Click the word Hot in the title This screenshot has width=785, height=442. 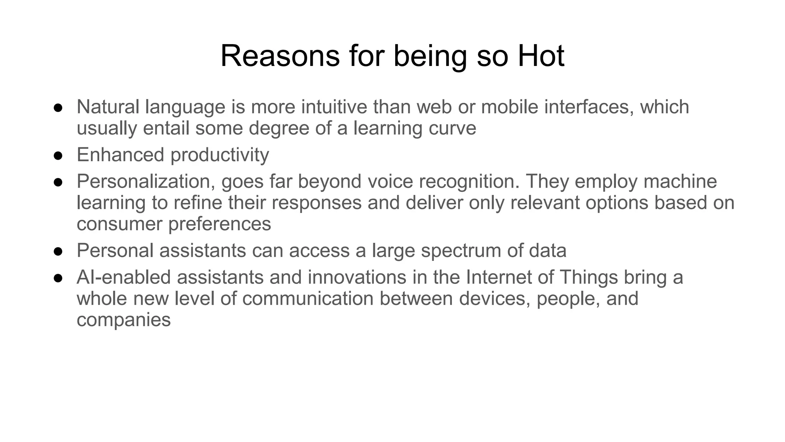(541, 56)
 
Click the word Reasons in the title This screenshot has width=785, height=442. (280, 56)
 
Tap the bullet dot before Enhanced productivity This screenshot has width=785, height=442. (58, 155)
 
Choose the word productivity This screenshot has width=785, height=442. (220, 155)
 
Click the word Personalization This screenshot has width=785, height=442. (146, 181)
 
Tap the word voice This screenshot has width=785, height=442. (390, 181)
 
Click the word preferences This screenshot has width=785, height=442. (220, 224)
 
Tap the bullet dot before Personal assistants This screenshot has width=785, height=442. (58, 251)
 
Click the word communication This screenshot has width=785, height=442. (308, 299)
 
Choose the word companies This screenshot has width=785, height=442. (123, 320)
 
